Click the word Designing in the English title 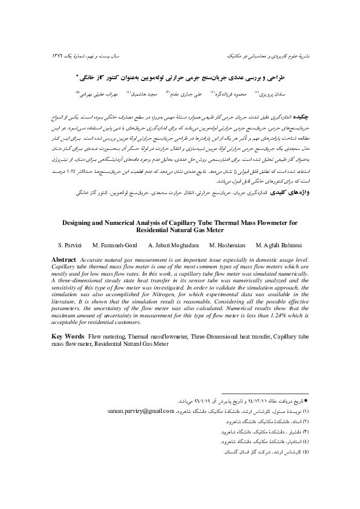[76, 223]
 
